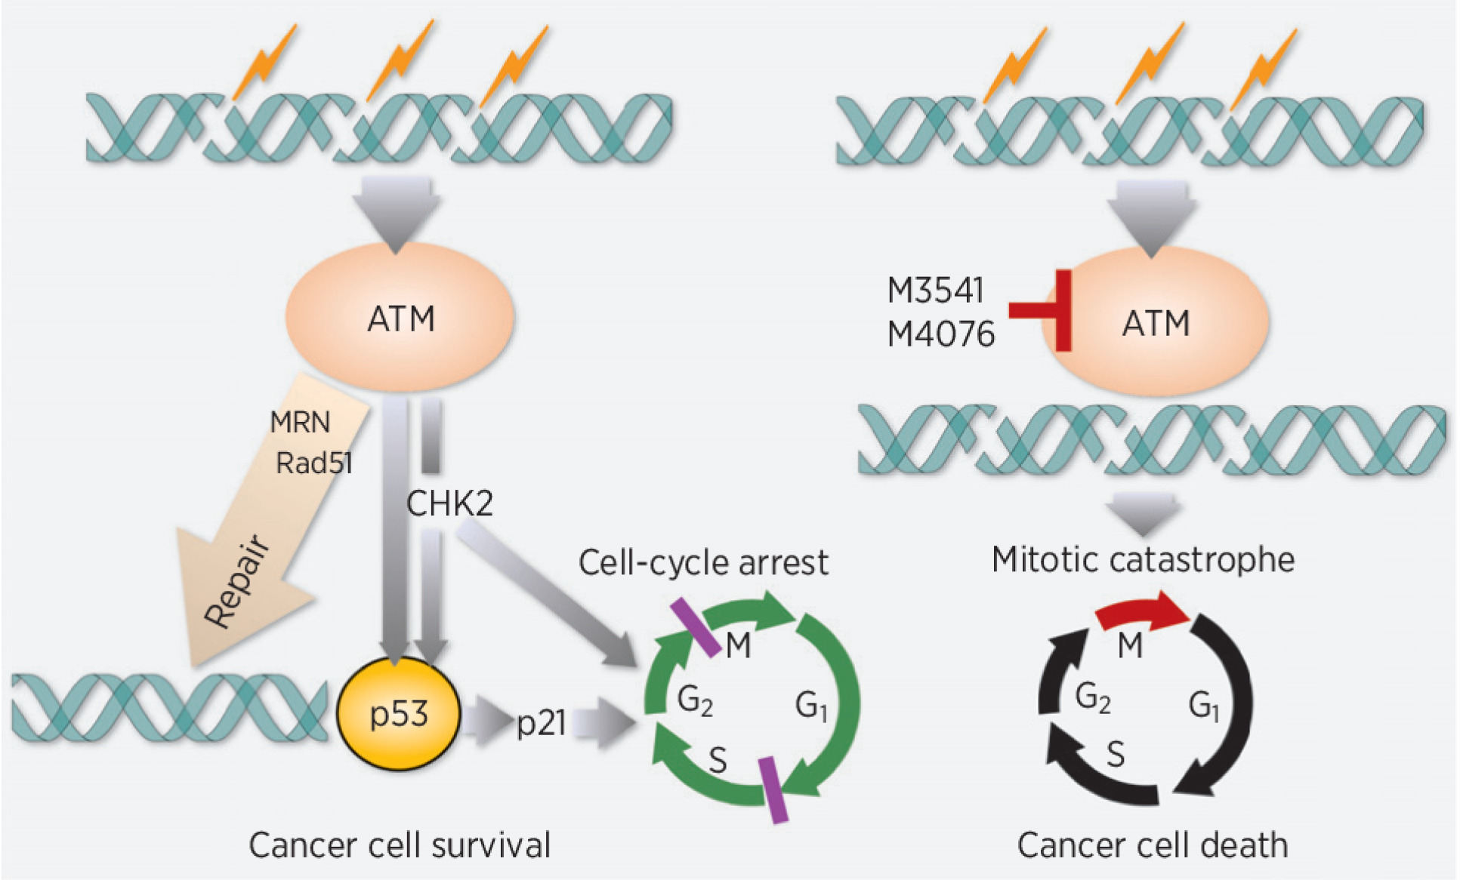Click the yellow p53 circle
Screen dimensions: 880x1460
tap(398, 713)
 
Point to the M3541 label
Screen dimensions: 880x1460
tap(935, 291)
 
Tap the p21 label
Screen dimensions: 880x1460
tap(541, 723)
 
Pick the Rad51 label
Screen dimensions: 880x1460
tap(314, 463)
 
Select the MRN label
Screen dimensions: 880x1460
tap(301, 422)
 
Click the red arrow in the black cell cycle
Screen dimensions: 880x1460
tap(1141, 613)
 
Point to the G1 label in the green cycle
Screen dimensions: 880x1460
tap(811, 706)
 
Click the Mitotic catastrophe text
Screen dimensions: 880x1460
tap(1143, 560)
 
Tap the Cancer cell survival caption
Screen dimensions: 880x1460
tap(400, 845)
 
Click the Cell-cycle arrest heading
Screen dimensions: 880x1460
tap(702, 563)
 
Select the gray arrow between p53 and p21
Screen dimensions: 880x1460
tap(487, 722)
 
